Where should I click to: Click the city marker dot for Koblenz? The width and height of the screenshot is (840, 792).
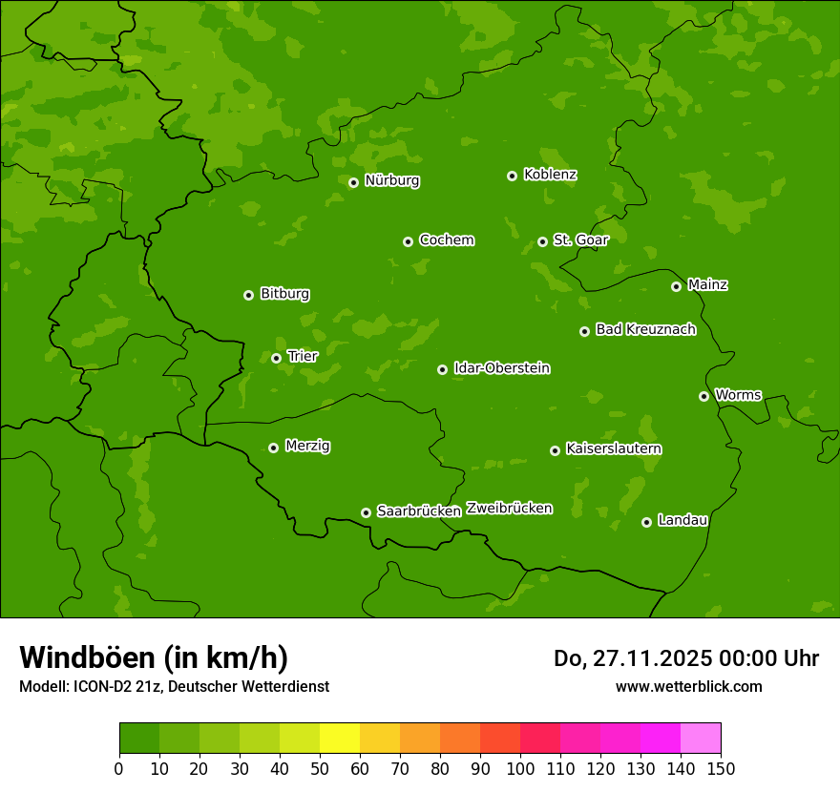(x=513, y=176)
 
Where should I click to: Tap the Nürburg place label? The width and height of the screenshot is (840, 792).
(x=391, y=180)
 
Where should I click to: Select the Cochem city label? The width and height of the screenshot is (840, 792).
(x=446, y=240)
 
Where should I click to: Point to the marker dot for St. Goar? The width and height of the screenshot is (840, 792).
(x=543, y=241)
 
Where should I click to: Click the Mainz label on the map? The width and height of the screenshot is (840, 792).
(x=707, y=284)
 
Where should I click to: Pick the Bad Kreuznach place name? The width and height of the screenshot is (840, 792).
(x=645, y=329)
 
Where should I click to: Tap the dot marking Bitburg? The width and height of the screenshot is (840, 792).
(x=249, y=295)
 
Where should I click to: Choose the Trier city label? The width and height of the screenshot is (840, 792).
(x=302, y=356)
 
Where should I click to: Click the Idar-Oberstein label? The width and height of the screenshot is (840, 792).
(x=501, y=367)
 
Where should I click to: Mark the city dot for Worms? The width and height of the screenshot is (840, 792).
(x=704, y=396)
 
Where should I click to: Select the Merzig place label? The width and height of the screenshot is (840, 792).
(x=307, y=446)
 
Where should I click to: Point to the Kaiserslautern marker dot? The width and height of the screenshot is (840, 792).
(x=556, y=450)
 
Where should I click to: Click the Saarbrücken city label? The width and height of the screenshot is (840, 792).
(x=418, y=511)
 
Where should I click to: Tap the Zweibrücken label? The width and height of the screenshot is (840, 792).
(x=509, y=508)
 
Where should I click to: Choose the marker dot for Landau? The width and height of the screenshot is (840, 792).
(x=647, y=522)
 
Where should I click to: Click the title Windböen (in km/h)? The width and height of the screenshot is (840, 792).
(x=154, y=657)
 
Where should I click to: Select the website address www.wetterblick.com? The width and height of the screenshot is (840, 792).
(x=688, y=686)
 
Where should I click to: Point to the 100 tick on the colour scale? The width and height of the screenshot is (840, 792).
(x=520, y=767)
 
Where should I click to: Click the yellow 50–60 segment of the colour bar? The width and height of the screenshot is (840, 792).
(x=340, y=739)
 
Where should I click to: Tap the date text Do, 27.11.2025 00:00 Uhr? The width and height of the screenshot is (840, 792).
(x=686, y=658)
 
